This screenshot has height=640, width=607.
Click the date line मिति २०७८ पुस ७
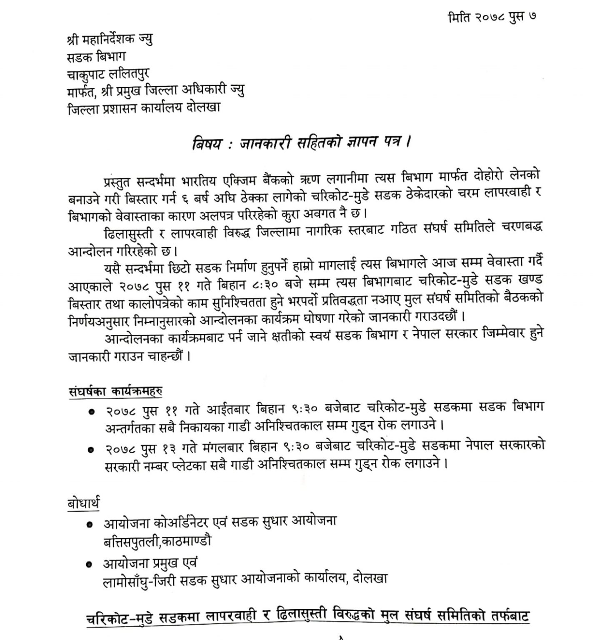492,17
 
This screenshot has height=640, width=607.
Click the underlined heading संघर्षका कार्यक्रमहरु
115,391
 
